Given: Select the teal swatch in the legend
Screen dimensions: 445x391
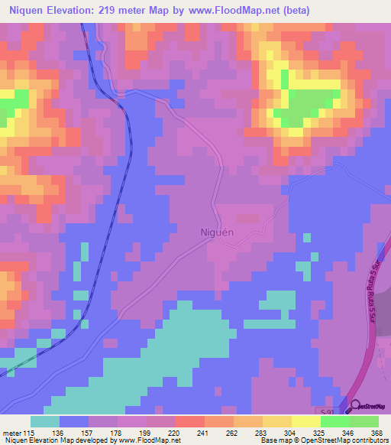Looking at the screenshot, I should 45,422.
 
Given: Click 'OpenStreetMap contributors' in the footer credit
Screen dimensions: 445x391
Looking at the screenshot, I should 344,440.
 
